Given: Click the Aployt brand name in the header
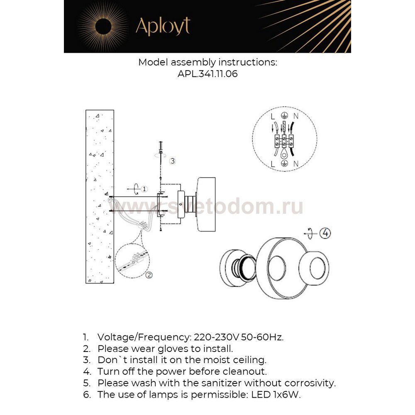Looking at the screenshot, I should [163, 26].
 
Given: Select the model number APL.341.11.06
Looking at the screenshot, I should [207, 74].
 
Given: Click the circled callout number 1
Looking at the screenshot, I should [144, 189].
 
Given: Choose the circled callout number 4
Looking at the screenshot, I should [325, 233].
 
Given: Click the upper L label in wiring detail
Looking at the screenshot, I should [273, 117].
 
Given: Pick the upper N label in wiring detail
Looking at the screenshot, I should [296, 117].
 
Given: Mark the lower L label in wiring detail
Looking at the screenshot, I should [273, 164].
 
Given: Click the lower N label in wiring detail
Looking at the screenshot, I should [296, 164].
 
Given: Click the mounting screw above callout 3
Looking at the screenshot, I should [161, 147].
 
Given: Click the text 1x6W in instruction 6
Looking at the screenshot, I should [287, 395].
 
